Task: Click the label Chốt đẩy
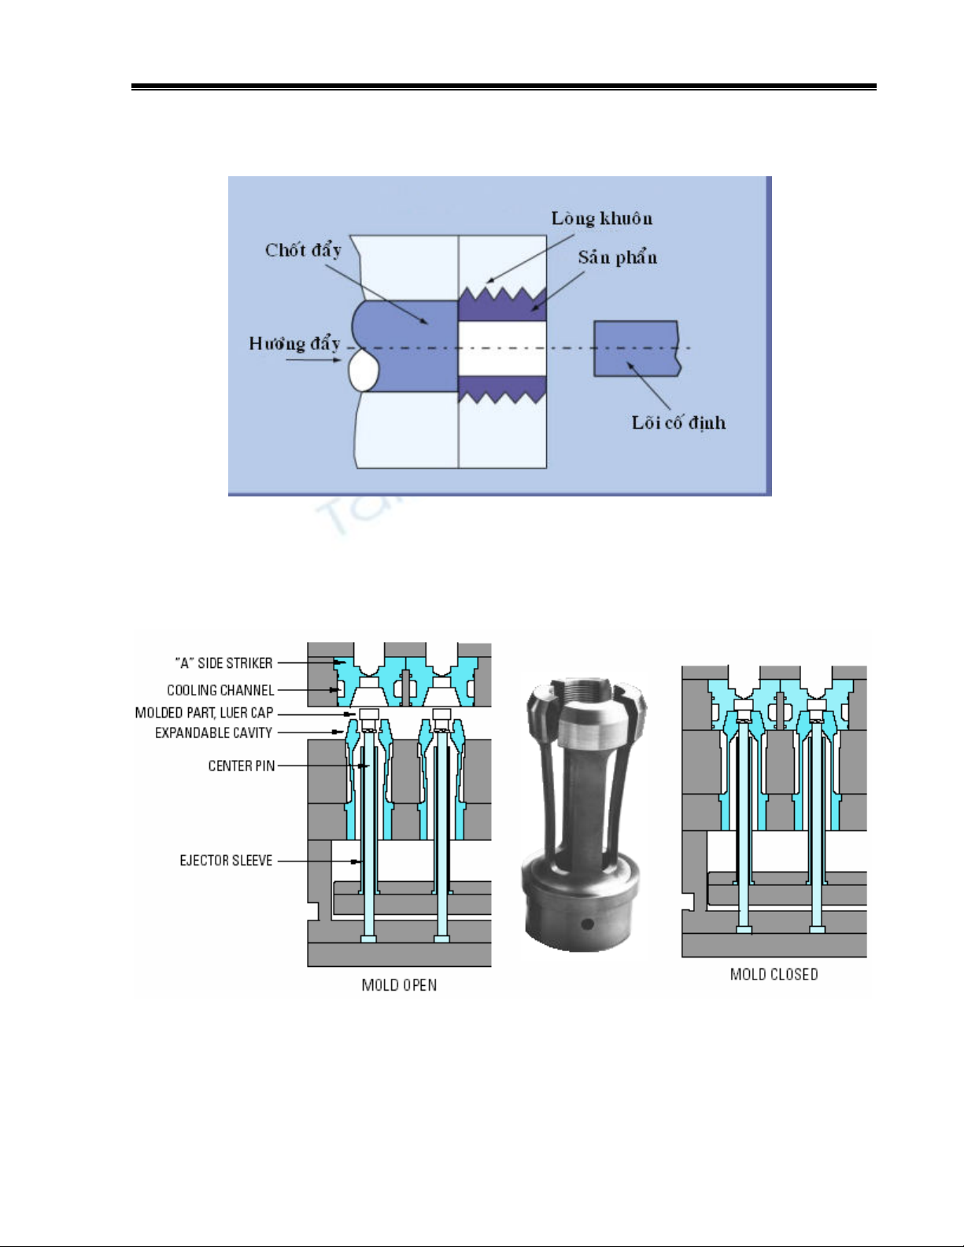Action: (x=303, y=250)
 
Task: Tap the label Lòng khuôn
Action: (x=602, y=218)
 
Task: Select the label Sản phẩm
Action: (x=618, y=257)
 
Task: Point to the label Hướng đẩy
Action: (x=294, y=343)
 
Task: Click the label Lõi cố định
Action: (x=678, y=422)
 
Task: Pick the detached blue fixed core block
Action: (x=636, y=348)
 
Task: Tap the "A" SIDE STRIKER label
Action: (x=223, y=663)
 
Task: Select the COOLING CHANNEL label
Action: (x=220, y=690)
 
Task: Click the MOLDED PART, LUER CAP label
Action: (x=204, y=713)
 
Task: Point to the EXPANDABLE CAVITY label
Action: (x=213, y=732)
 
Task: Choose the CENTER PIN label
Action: (x=242, y=766)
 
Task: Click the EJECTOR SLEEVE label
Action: (x=226, y=860)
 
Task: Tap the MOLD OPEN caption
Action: (x=399, y=985)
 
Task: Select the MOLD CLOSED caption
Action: (x=774, y=974)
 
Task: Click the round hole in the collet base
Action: (x=585, y=922)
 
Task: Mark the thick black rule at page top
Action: (x=504, y=86)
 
